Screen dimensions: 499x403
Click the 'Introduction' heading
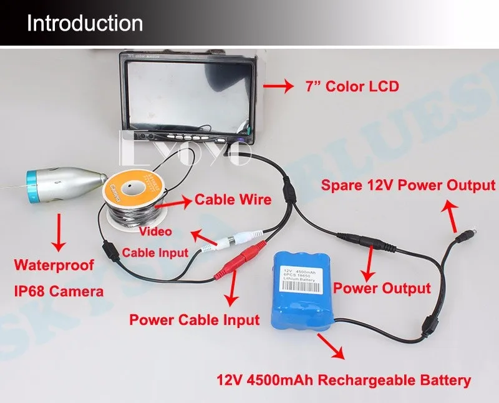pyautogui.click(x=85, y=23)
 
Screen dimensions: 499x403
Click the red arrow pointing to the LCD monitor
pyautogui.click(x=278, y=86)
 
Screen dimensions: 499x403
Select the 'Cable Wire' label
pyautogui.click(x=233, y=200)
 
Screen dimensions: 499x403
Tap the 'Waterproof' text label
pyautogui.click(x=56, y=266)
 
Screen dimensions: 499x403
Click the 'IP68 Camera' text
pyautogui.click(x=60, y=291)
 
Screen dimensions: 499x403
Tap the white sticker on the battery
pyautogui.click(x=303, y=279)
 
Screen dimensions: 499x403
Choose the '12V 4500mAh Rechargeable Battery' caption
pyautogui.click(x=344, y=380)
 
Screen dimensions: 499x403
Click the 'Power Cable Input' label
pyautogui.click(x=194, y=320)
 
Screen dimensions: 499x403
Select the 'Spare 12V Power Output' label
pyautogui.click(x=408, y=186)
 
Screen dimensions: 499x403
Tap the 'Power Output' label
pyautogui.click(x=382, y=288)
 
